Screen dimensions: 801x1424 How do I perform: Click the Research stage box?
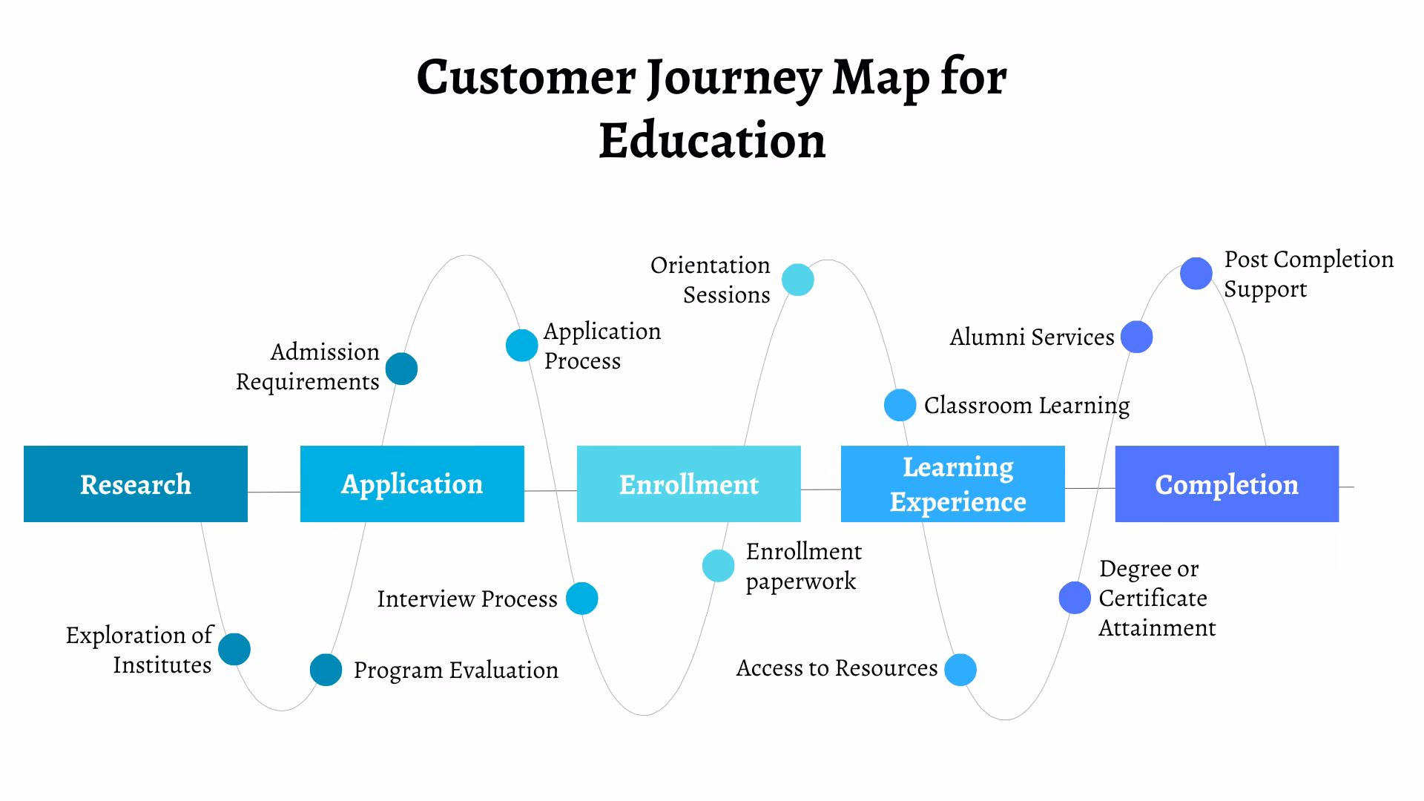click(136, 484)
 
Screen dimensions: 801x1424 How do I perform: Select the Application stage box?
click(412, 484)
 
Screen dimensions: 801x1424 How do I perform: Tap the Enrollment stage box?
click(688, 484)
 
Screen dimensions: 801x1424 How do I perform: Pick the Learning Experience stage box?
click(952, 484)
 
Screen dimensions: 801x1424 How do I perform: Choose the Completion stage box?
click(1227, 484)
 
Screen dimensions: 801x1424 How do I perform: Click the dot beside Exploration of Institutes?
click(234, 649)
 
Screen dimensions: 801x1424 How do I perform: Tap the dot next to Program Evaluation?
click(326, 670)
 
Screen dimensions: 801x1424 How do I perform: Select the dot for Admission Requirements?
click(401, 369)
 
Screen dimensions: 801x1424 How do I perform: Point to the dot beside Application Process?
click(521, 345)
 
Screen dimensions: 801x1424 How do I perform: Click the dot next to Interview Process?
click(581, 599)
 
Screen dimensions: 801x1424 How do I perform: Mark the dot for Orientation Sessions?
click(798, 280)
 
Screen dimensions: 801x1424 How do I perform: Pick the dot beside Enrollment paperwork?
click(718, 566)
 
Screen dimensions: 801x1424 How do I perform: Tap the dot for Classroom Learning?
click(900, 405)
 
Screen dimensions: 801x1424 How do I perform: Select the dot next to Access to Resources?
click(960, 670)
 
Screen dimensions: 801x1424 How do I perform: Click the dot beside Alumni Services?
click(1136, 337)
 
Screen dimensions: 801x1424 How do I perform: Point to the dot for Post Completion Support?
click(1196, 274)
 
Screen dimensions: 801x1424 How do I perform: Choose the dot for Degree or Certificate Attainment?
click(1075, 598)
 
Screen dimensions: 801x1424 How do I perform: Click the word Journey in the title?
click(734, 78)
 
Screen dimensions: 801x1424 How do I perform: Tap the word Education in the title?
click(712, 141)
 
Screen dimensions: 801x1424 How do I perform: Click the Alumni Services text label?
click(1032, 337)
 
